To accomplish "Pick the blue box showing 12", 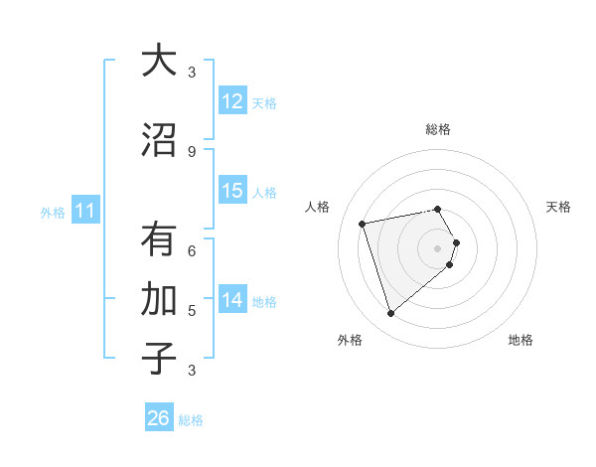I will point(232,100).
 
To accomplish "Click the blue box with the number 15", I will point(232,191).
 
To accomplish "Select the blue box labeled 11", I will point(85,211).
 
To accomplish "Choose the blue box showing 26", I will point(159,418).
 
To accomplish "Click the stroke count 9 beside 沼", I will point(192,151).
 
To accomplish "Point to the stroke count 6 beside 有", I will point(192,250).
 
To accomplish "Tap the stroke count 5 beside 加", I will point(192,310).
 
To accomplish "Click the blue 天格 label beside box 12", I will point(264,102).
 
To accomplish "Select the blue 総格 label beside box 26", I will point(191,420).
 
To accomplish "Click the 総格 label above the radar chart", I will point(438,129).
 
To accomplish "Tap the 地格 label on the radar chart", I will point(521,340).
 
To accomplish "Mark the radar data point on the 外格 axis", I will point(390,314).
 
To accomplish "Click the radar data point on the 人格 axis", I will point(363,223).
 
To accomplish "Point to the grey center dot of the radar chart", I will point(437,247).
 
